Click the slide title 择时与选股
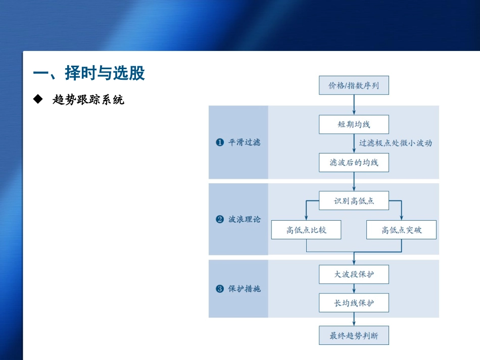click(x=88, y=74)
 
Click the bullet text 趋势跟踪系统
click(x=88, y=100)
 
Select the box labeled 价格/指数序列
click(x=354, y=85)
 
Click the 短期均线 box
click(x=354, y=124)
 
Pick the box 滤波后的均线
click(x=354, y=163)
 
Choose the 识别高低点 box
click(x=354, y=201)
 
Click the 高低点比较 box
click(x=306, y=230)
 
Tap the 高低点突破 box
click(x=401, y=230)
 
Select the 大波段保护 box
click(x=354, y=275)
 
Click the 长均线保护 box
click(x=354, y=303)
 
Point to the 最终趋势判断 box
click(x=354, y=335)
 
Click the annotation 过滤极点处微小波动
click(x=395, y=143)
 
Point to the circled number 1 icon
click(x=220, y=143)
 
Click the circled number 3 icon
click(x=220, y=289)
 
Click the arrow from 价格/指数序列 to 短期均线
click(x=354, y=105)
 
